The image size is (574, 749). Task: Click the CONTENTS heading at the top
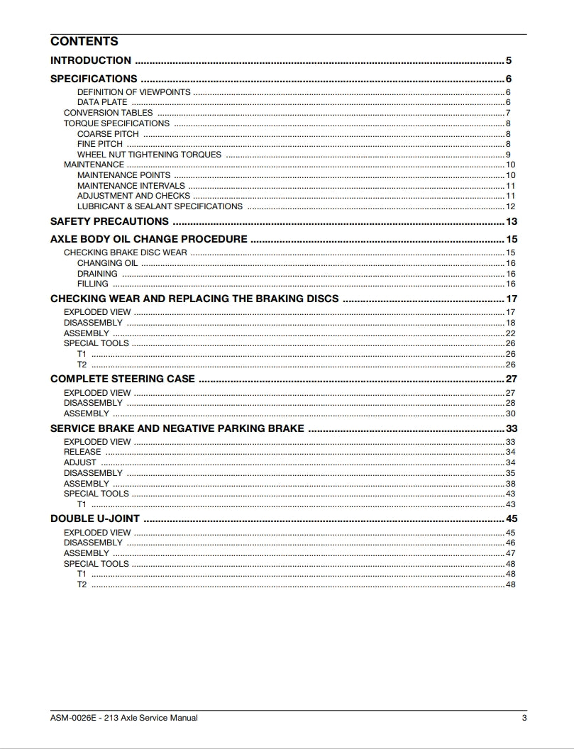coord(84,41)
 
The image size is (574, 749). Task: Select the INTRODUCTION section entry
coord(91,60)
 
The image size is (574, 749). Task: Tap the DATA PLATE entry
coord(102,102)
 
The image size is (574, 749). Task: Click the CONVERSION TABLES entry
coord(108,113)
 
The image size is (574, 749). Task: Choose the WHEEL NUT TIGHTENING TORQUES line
coord(149,155)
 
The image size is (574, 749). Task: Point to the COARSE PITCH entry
coord(108,134)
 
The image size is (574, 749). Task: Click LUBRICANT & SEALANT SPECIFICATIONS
coord(160,206)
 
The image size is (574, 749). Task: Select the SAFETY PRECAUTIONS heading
coord(109,221)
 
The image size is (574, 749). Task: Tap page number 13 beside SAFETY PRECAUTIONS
coord(511,221)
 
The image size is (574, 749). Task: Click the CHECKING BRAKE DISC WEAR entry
coord(126,253)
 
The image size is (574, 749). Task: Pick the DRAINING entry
coord(97,274)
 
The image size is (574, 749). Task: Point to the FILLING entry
coord(93,284)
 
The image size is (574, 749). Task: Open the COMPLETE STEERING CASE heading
coord(122,379)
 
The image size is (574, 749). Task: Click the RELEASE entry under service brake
coord(82,452)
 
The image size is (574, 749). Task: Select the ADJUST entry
coord(80,462)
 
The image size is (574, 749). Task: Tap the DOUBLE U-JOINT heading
coord(95,518)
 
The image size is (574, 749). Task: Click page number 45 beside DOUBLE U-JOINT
coord(511,518)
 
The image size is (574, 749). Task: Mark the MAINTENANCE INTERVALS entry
coord(131,186)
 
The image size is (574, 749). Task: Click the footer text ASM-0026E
coord(74,718)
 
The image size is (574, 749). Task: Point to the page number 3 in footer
coord(524,718)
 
